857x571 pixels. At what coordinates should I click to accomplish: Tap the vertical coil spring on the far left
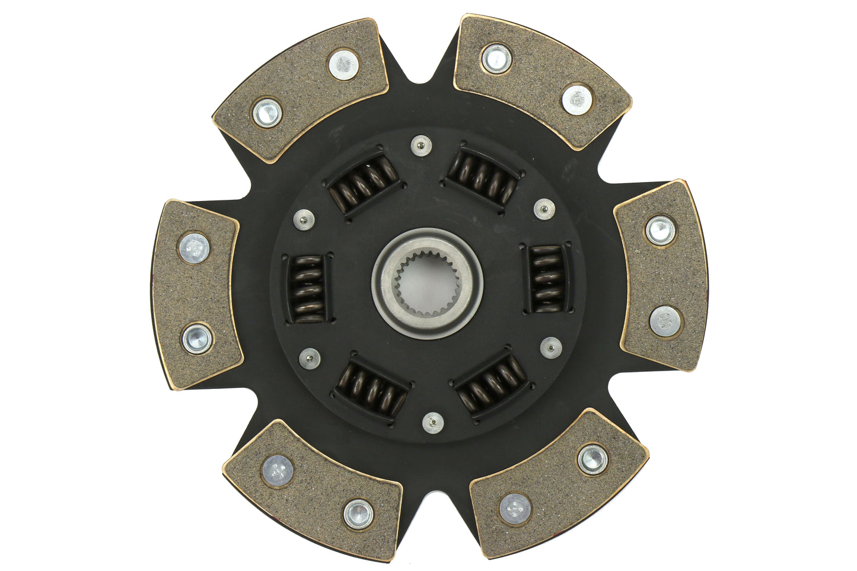tap(308, 288)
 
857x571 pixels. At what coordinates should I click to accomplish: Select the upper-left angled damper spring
tap(364, 181)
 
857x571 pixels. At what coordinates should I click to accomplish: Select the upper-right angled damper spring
tap(483, 174)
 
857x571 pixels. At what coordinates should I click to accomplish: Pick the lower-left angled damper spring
tap(371, 389)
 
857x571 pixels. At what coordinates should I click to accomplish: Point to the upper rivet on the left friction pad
tap(194, 248)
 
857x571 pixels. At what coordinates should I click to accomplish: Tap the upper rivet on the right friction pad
tap(660, 230)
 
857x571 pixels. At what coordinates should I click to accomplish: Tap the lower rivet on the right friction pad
tap(665, 321)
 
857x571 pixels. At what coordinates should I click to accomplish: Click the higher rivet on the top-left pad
tap(343, 64)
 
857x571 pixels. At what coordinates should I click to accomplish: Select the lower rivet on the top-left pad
tap(267, 113)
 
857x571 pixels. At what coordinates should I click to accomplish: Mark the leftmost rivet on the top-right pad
tap(496, 58)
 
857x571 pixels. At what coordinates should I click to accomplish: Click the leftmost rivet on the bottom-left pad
tap(278, 470)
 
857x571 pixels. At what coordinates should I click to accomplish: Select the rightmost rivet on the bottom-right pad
tap(592, 459)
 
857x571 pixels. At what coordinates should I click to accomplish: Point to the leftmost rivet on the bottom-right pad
tap(515, 509)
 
